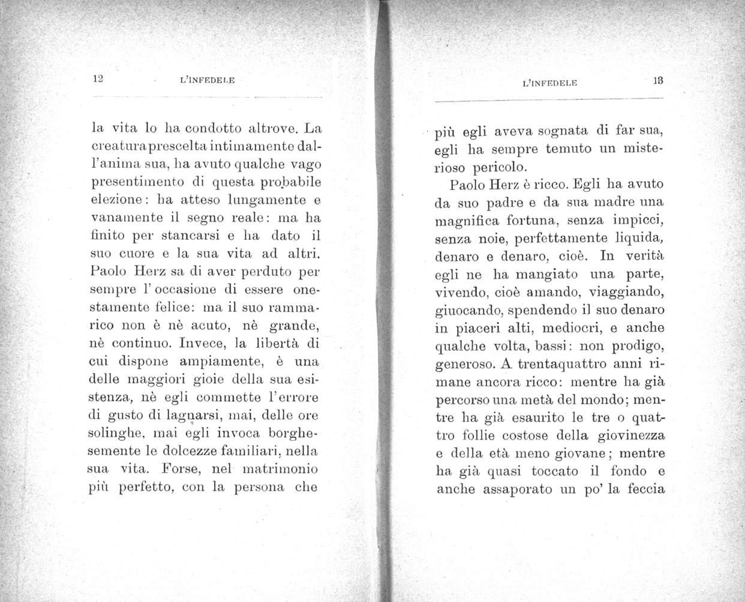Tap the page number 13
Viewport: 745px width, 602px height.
coord(657,83)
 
